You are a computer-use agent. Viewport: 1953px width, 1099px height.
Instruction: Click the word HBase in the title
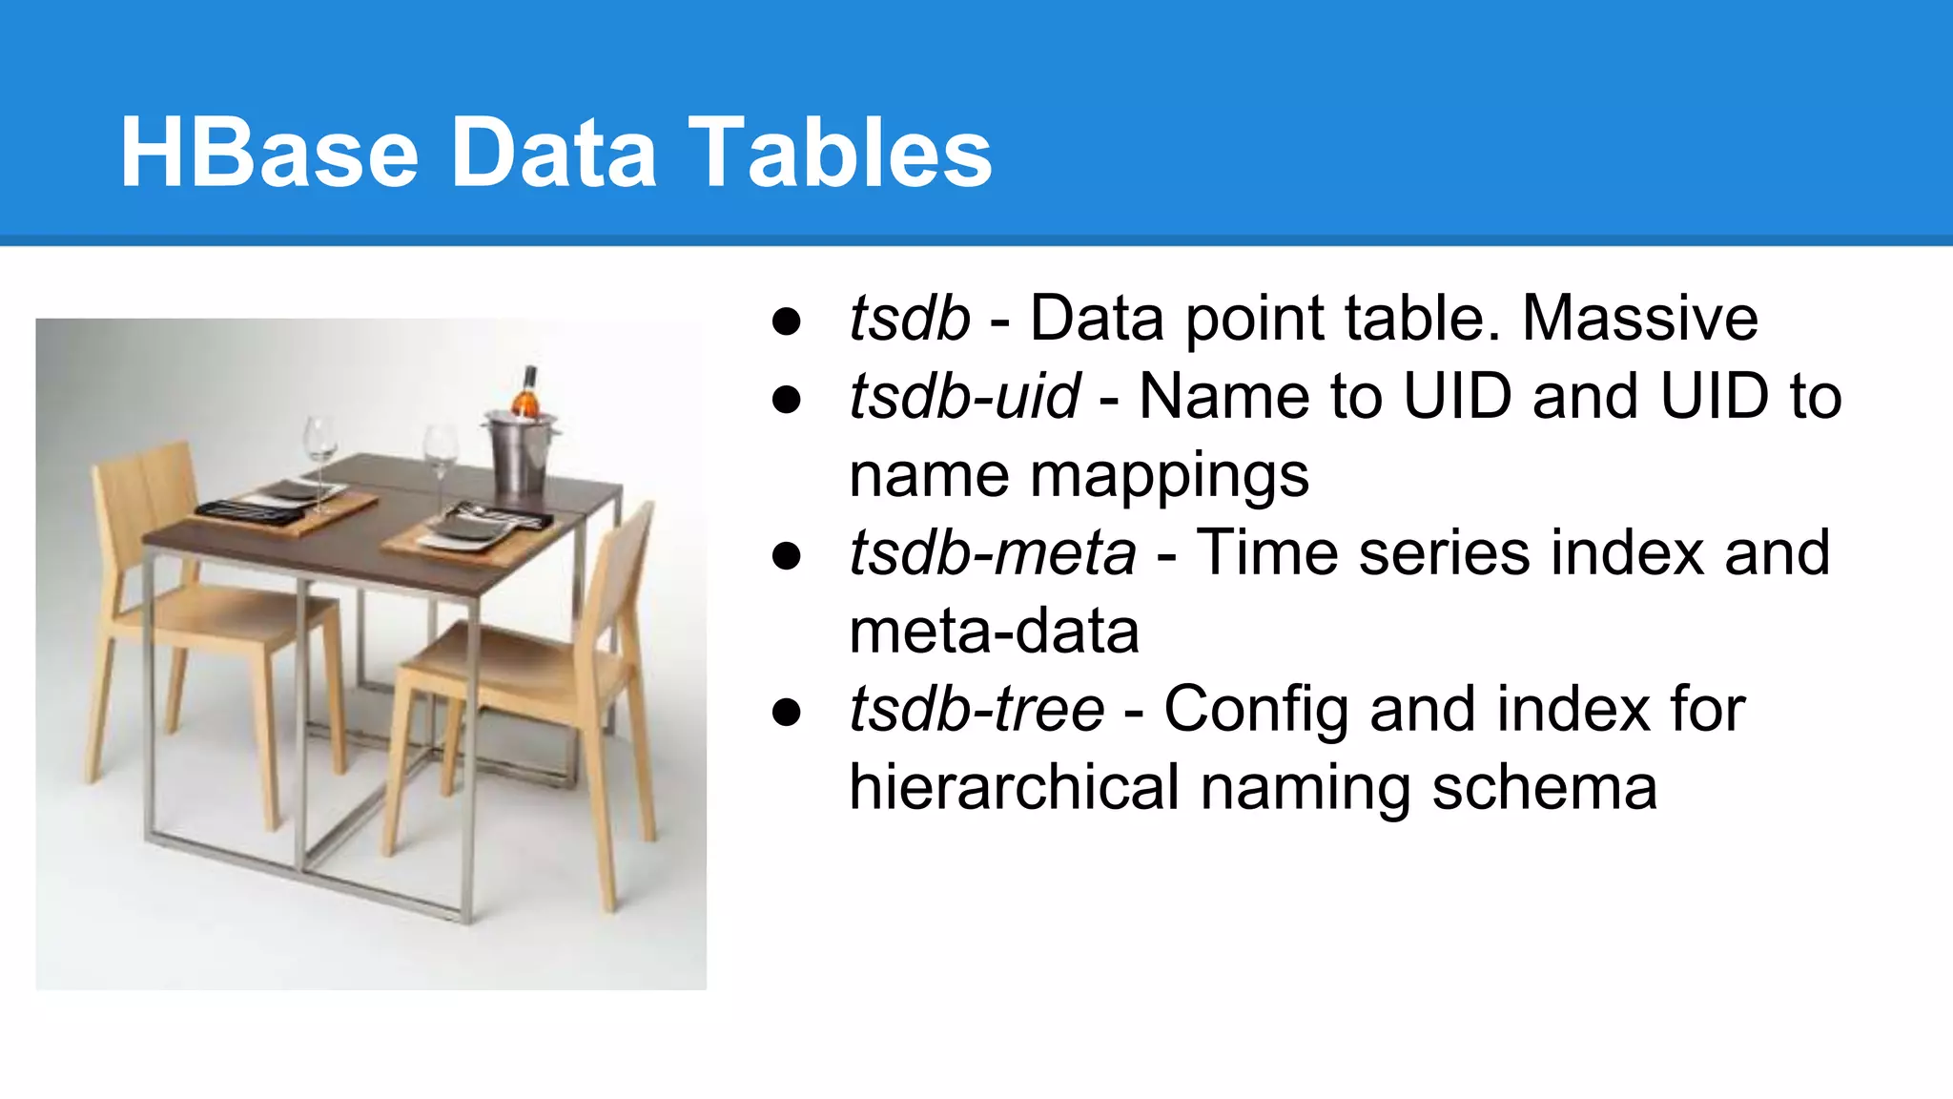(269, 153)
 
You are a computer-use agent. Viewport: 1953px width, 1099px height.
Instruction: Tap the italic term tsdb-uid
(964, 396)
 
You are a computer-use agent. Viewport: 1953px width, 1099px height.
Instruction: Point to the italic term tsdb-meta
(992, 552)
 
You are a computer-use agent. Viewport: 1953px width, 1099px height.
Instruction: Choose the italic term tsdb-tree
(976, 709)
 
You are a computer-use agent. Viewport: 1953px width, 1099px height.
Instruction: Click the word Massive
(1639, 318)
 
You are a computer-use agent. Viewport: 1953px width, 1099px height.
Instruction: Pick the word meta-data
(994, 632)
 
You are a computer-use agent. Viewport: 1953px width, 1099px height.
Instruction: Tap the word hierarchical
(1014, 788)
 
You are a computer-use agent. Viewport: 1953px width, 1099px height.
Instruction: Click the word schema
(1544, 788)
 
